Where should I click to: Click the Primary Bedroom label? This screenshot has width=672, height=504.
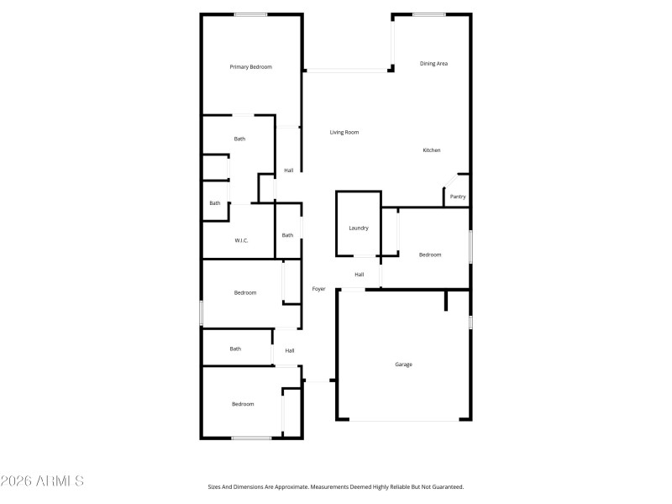pos(251,67)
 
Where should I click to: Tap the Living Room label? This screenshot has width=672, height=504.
pos(344,133)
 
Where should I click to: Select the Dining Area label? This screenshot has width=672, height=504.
pos(433,64)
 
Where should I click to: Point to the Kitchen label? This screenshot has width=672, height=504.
pos(432,150)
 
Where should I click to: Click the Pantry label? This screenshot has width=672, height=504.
pos(458,197)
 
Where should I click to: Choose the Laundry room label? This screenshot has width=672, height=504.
pos(359,228)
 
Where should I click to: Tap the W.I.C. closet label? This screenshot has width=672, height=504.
pos(241,241)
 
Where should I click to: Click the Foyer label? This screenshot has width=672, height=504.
pos(319,290)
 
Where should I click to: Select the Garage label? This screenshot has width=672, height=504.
pos(403,365)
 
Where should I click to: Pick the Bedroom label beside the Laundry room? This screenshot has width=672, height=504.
pos(430,255)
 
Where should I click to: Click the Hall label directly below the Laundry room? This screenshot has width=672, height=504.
pos(360,275)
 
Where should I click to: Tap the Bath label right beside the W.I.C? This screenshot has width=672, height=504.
pos(287,235)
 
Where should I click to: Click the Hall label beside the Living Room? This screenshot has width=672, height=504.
pos(289,171)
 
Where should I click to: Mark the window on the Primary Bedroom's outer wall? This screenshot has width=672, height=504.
pos(251,14)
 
